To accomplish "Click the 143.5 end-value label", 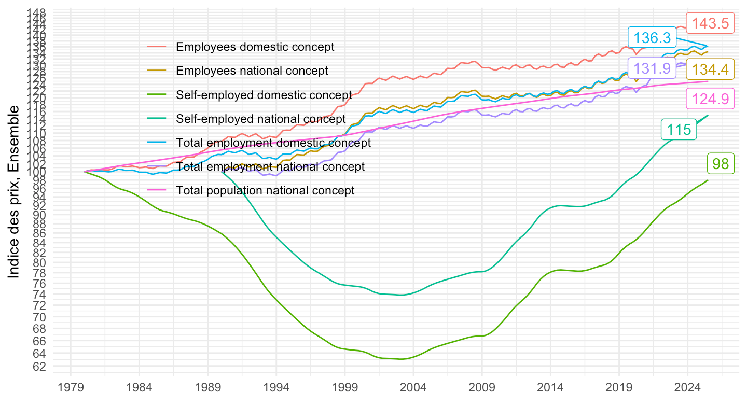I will (710, 23).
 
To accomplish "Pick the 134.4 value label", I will (710, 69).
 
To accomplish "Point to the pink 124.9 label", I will (710, 99).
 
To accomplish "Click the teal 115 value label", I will (679, 130).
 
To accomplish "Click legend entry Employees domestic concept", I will (255, 47).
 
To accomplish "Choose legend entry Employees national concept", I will (252, 71).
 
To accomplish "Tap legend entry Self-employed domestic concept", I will (264, 95).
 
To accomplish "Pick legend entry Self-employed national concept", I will (261, 119).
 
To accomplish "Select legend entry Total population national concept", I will (265, 190).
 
